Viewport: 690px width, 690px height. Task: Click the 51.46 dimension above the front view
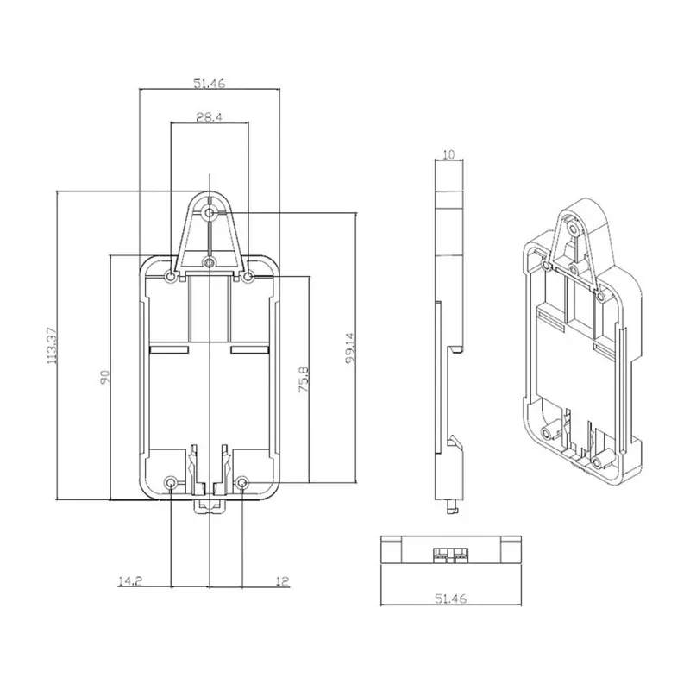(x=210, y=84)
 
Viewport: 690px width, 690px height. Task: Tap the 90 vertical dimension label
(x=103, y=377)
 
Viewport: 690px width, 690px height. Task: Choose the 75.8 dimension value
(x=303, y=379)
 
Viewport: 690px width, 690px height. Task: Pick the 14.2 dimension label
(x=130, y=581)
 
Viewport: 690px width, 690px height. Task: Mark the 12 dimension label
(x=283, y=581)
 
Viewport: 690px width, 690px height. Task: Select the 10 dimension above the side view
(x=448, y=154)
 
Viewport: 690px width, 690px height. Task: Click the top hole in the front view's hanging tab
(x=210, y=211)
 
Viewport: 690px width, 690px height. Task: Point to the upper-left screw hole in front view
(x=172, y=277)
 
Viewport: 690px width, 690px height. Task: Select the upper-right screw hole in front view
(x=248, y=277)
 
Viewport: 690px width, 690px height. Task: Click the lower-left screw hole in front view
(x=172, y=482)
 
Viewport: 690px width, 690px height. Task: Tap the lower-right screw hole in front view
(x=243, y=482)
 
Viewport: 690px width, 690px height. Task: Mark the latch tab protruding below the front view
(x=208, y=505)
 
